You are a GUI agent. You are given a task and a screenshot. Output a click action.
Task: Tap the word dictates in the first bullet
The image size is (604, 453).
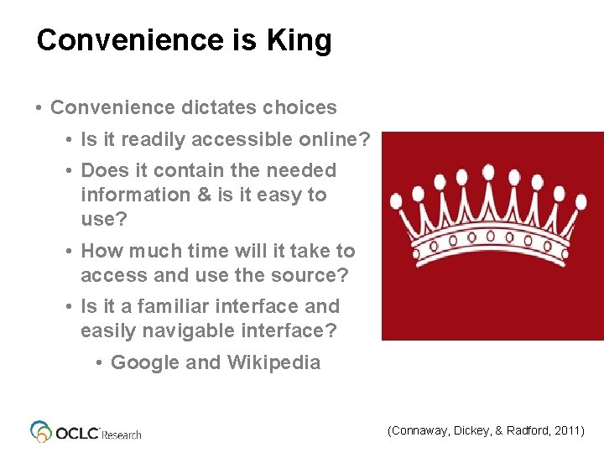pyautogui.click(x=218, y=107)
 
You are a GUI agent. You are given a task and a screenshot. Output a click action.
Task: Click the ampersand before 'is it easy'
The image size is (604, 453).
pyautogui.click(x=206, y=195)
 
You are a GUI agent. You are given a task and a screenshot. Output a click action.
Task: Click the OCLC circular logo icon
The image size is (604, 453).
pyautogui.click(x=41, y=431)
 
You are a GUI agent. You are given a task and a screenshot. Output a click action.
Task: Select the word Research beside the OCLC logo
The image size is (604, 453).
pyautogui.click(x=122, y=435)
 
